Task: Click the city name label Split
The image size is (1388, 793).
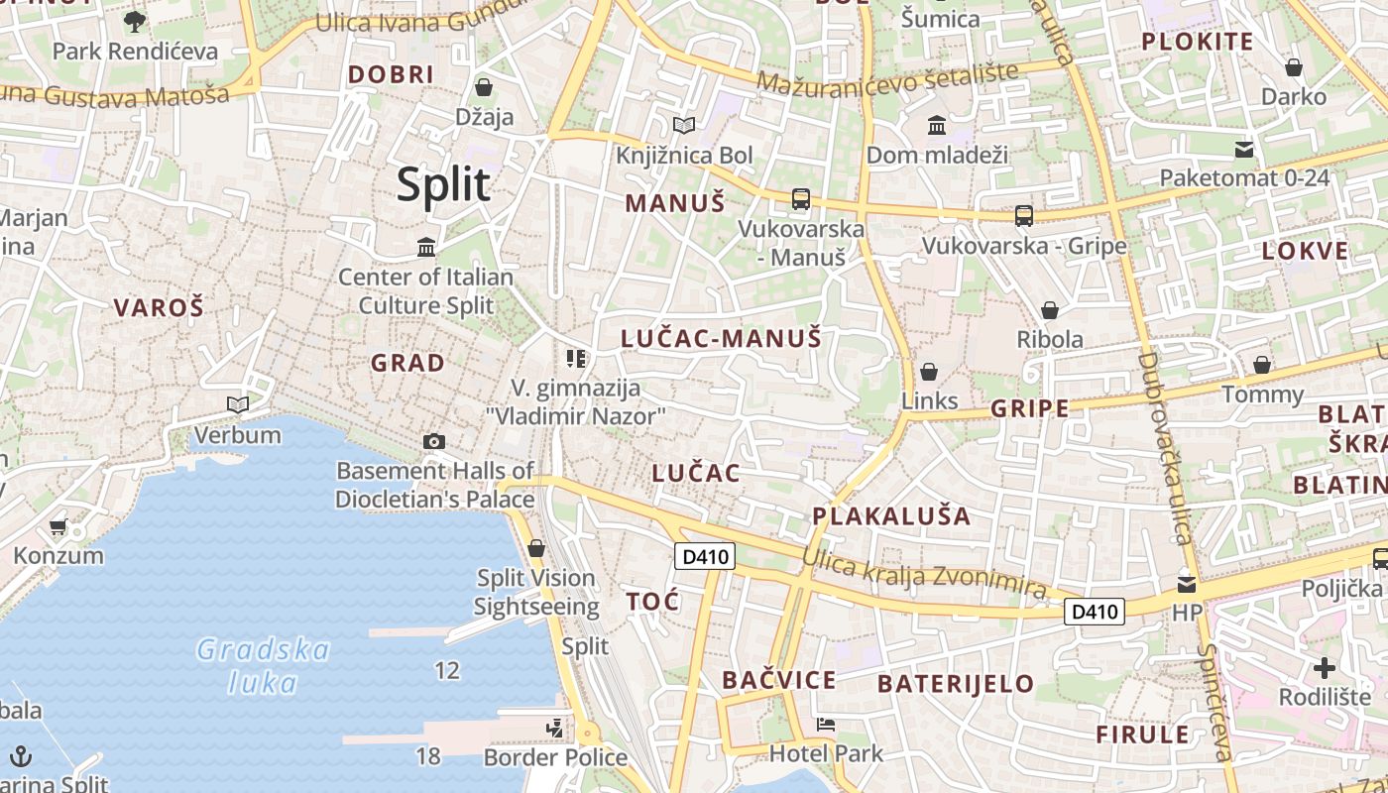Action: (x=443, y=185)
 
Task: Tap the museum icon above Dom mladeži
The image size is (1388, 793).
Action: (x=936, y=126)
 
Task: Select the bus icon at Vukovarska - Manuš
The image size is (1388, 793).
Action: (x=801, y=199)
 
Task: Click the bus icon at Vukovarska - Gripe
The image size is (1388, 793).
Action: (x=1024, y=215)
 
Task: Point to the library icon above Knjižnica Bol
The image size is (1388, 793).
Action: (x=683, y=125)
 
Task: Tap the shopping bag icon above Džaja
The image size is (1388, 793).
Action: (x=484, y=87)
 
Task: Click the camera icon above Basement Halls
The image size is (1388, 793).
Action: (x=433, y=441)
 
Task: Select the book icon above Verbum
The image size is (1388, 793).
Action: (x=237, y=404)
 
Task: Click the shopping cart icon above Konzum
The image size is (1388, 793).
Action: (x=58, y=526)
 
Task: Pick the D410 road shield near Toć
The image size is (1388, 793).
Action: (x=706, y=556)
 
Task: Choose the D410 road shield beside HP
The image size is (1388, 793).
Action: (x=1096, y=612)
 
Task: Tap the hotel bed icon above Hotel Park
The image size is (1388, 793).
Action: (x=825, y=725)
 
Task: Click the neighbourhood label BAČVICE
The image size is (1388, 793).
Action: (x=779, y=680)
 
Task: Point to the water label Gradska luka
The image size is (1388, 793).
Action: (x=263, y=666)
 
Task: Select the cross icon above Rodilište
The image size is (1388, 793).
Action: (x=1324, y=667)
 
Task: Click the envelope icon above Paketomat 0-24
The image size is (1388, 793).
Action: (x=1244, y=150)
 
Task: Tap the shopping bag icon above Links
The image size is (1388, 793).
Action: (x=929, y=372)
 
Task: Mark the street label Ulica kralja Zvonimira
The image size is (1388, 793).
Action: (x=924, y=574)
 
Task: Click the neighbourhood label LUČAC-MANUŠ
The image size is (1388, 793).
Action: (x=721, y=338)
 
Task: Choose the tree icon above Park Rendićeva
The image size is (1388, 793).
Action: (x=134, y=21)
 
